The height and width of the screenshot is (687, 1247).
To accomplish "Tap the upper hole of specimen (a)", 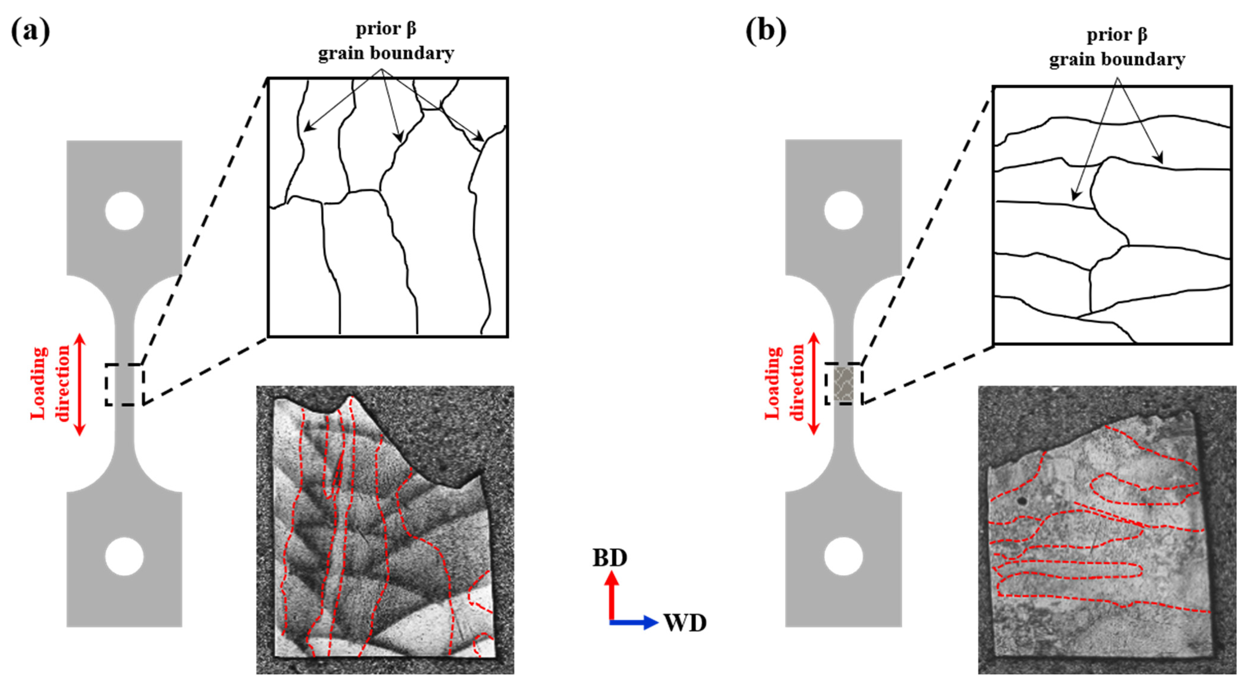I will [124, 211].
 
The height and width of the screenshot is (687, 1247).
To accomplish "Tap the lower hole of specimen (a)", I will [124, 556].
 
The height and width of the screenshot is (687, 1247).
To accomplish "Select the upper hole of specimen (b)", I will [843, 211].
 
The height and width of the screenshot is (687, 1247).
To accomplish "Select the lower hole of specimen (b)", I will [843, 556].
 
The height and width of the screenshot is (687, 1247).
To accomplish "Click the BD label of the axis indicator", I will [610, 558].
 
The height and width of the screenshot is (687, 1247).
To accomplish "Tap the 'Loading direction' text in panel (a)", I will [50, 383].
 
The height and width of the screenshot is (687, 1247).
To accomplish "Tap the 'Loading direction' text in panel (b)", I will [784, 383].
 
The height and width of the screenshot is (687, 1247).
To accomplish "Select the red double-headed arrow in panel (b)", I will [814, 383].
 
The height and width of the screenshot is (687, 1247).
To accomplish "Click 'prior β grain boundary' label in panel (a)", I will [386, 41].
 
